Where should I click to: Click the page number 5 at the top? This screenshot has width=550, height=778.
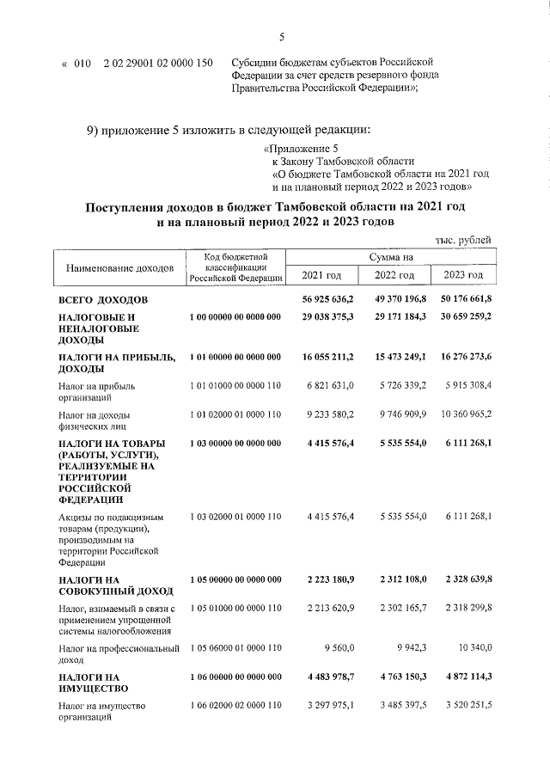pyautogui.click(x=281, y=36)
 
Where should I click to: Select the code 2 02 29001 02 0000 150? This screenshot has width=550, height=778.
pyautogui.click(x=158, y=63)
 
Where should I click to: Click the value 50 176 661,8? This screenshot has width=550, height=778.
pyautogui.click(x=462, y=298)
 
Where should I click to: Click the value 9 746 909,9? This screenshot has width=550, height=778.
pyautogui.click(x=398, y=414)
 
